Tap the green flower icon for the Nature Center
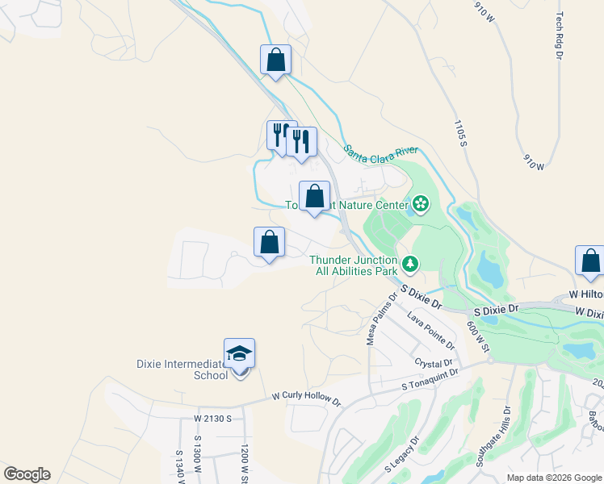point(420,205)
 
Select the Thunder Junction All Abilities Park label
point(354,265)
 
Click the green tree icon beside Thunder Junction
point(410,263)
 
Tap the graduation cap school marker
point(239,354)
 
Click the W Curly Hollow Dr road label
point(306,398)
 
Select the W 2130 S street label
point(212,419)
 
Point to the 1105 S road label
point(460,133)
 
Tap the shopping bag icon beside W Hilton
point(589,261)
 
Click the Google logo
point(27,474)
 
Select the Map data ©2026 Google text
point(553,478)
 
